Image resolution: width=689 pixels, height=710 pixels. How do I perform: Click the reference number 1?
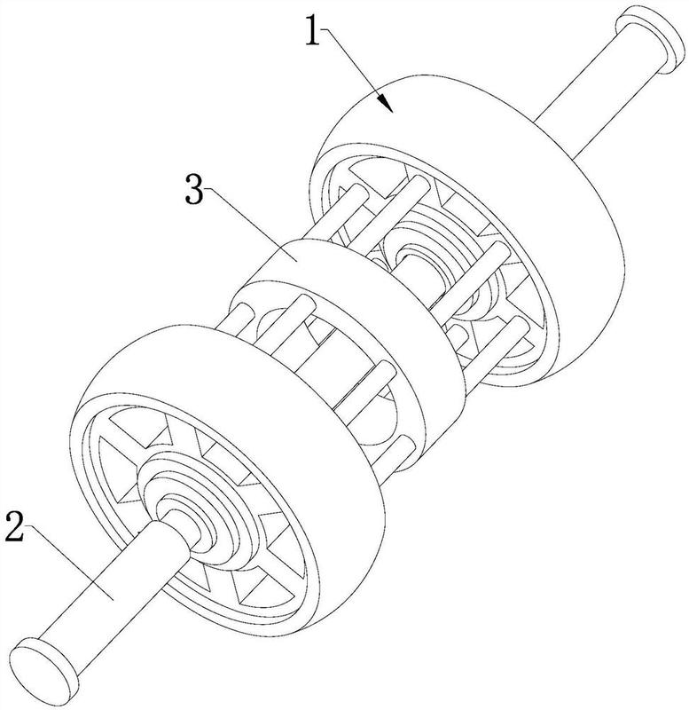point(313,30)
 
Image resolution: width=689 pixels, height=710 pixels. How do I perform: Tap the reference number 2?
point(14,525)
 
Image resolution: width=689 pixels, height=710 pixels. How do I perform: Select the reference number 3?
point(194,190)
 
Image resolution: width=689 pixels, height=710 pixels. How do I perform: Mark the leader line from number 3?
point(250,226)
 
